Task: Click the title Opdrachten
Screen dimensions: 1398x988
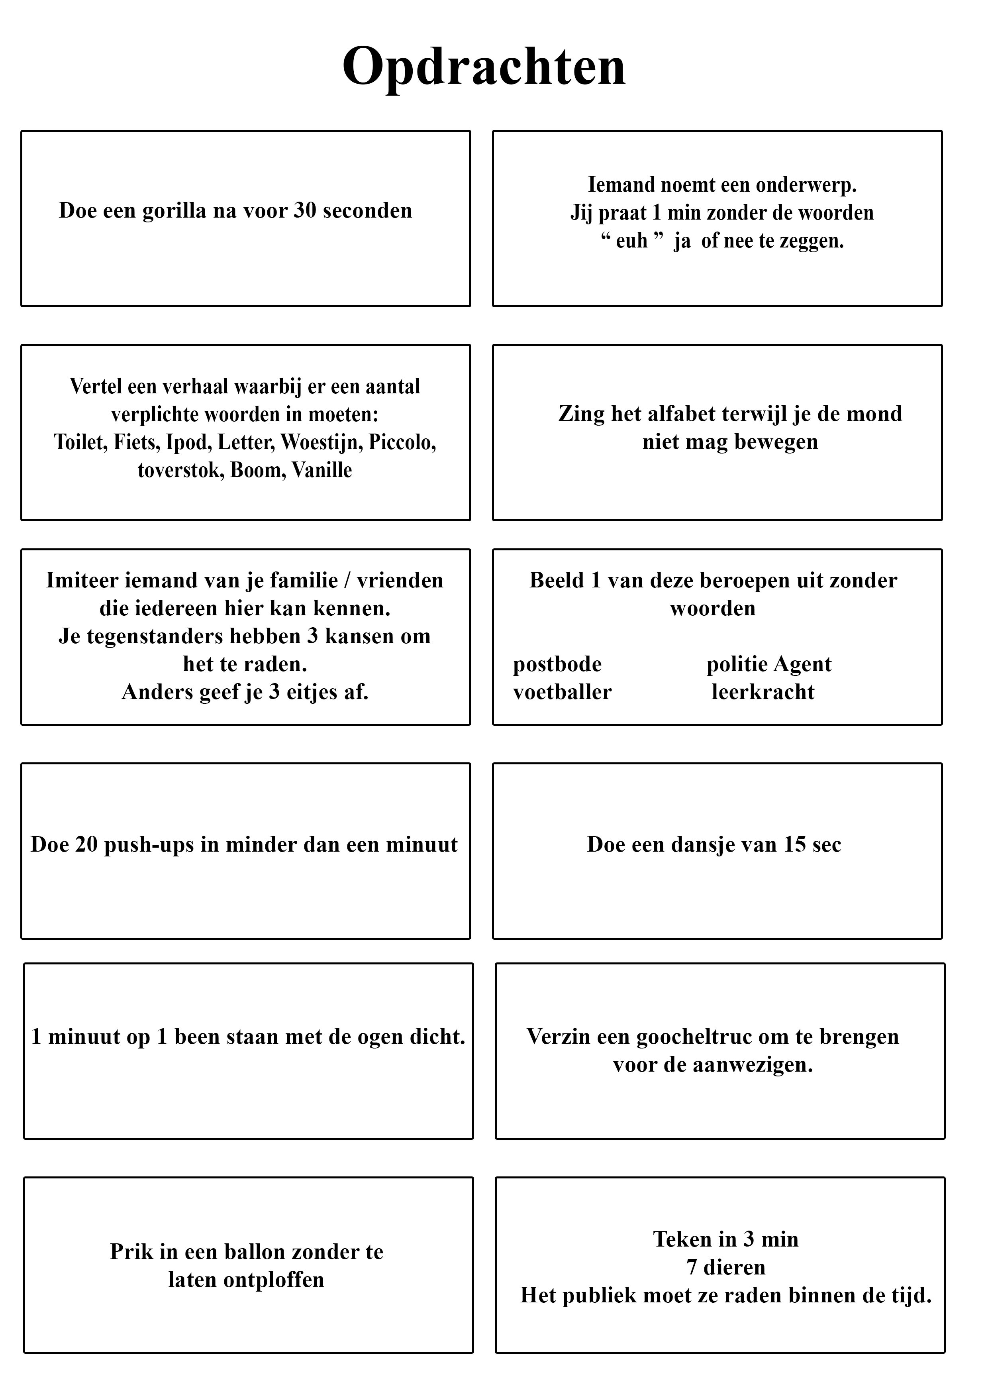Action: click(x=484, y=67)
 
